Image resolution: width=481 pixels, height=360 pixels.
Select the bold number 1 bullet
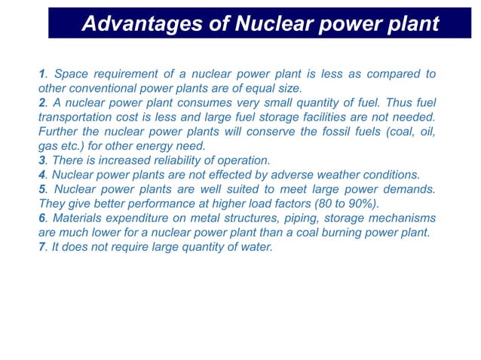(41, 74)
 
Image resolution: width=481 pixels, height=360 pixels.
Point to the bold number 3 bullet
(41, 160)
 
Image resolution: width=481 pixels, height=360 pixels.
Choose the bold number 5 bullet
(41, 189)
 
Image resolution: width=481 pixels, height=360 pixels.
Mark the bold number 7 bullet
(41, 246)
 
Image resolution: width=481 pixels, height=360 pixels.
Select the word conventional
(103, 88)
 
